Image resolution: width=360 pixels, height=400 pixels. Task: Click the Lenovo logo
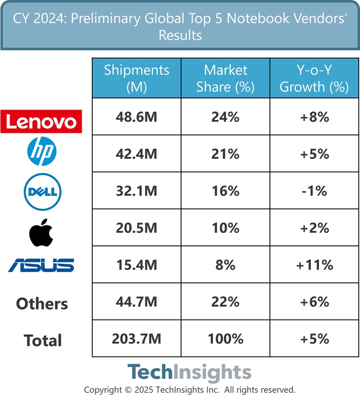click(41, 121)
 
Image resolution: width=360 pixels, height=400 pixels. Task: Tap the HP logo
click(42, 153)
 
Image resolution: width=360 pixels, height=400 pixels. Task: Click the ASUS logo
click(41, 265)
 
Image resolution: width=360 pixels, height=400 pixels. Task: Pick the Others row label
click(42, 303)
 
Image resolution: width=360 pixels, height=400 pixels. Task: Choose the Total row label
click(43, 340)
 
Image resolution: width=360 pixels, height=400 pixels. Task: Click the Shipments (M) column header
click(136, 78)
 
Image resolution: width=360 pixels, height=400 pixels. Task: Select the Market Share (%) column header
click(225, 78)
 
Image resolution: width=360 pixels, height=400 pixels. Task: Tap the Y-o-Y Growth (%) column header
click(314, 78)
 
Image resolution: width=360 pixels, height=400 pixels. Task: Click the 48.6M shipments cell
click(136, 117)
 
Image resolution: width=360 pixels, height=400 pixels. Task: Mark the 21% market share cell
click(225, 154)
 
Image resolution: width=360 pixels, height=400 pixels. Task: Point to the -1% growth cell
click(314, 191)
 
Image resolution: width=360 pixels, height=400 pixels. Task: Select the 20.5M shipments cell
click(136, 228)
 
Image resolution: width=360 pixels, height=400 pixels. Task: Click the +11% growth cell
click(314, 265)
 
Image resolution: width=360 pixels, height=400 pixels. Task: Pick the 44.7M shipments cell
click(136, 302)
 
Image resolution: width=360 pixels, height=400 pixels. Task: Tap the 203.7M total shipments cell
click(136, 338)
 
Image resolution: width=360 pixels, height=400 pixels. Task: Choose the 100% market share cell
click(225, 338)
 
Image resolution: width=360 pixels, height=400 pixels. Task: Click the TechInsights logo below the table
click(189, 373)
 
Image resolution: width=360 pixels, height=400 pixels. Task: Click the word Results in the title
click(180, 35)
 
